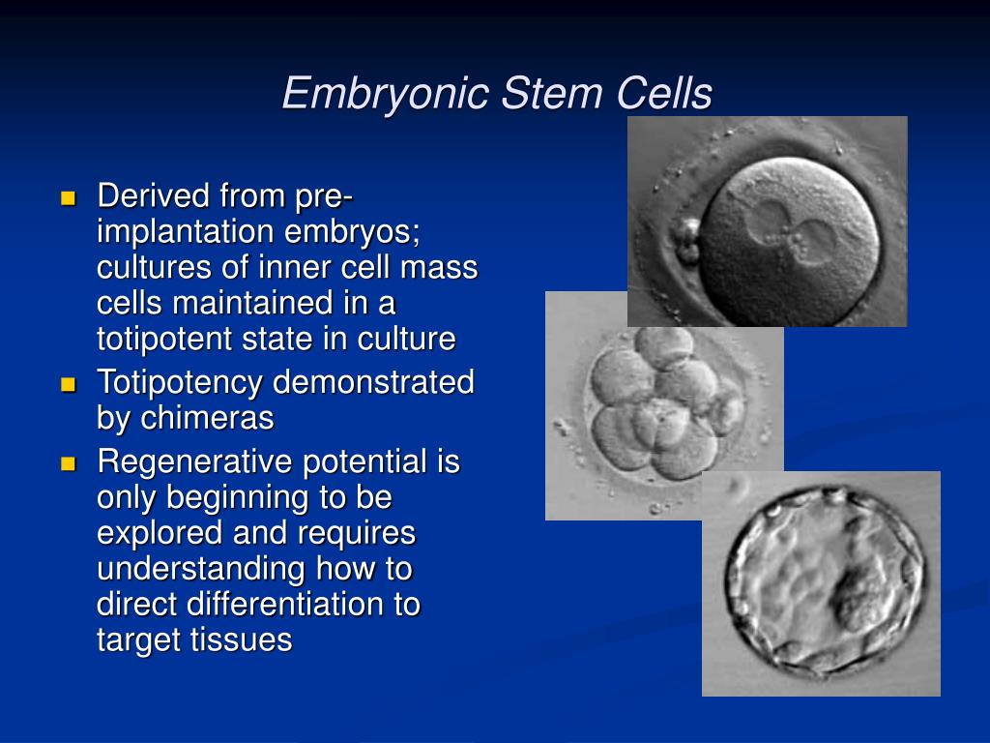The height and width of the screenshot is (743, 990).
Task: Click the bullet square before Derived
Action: coord(68,198)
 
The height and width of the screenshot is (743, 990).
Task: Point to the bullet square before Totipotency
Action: coord(68,384)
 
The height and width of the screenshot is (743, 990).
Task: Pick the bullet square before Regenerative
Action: coord(68,464)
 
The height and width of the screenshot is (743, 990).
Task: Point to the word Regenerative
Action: coord(194,463)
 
